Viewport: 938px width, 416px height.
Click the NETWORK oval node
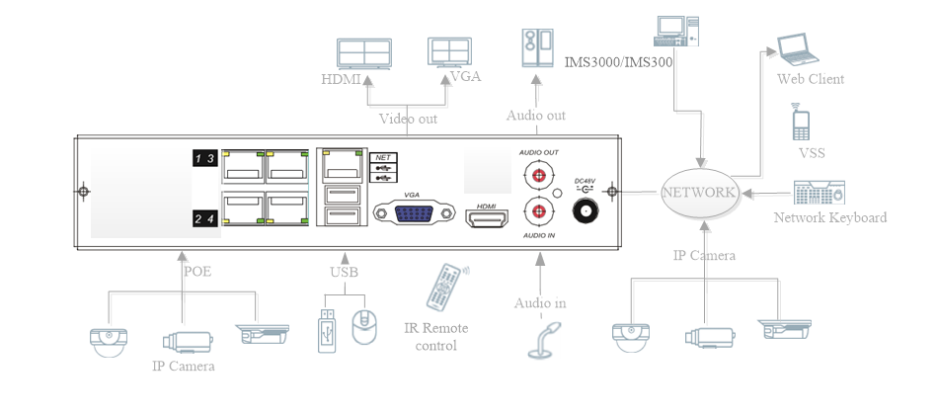(700, 192)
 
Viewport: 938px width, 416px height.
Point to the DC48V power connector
(586, 210)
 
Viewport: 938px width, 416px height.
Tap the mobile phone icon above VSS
(801, 124)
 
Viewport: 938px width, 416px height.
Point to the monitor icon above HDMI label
(364, 53)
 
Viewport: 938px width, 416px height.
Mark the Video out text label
(408, 119)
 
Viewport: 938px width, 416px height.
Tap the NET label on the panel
(382, 157)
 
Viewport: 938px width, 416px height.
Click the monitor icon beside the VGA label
(452, 52)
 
